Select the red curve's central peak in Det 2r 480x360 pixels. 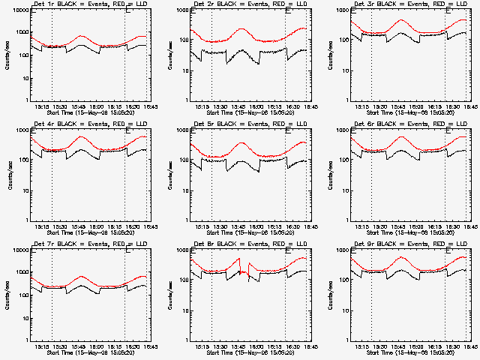[x=241, y=29]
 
